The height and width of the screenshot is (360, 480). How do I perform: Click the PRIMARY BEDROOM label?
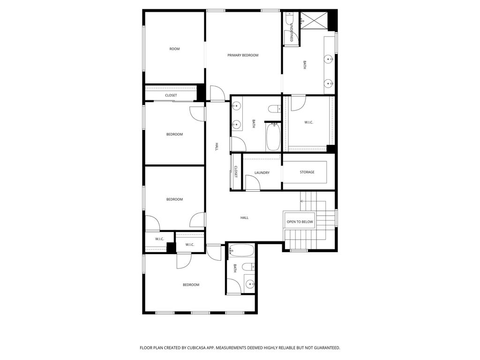point(243,55)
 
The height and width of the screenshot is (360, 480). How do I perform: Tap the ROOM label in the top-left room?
point(174,49)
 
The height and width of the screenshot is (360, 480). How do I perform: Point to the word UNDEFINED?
point(291,32)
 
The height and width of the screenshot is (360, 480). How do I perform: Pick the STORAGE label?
point(307,172)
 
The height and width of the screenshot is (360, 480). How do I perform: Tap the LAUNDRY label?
point(262,172)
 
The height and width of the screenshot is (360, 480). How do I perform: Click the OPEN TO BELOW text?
point(300,222)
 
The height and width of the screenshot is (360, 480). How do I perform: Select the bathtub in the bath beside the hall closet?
point(272,136)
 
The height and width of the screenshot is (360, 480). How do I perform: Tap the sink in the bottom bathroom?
point(249,284)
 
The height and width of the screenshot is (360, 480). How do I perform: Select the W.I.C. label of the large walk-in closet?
point(308,122)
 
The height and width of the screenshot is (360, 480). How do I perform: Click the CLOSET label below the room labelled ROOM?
point(171,95)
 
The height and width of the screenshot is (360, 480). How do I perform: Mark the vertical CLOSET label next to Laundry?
point(236,172)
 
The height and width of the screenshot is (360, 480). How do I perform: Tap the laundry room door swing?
point(252,183)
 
